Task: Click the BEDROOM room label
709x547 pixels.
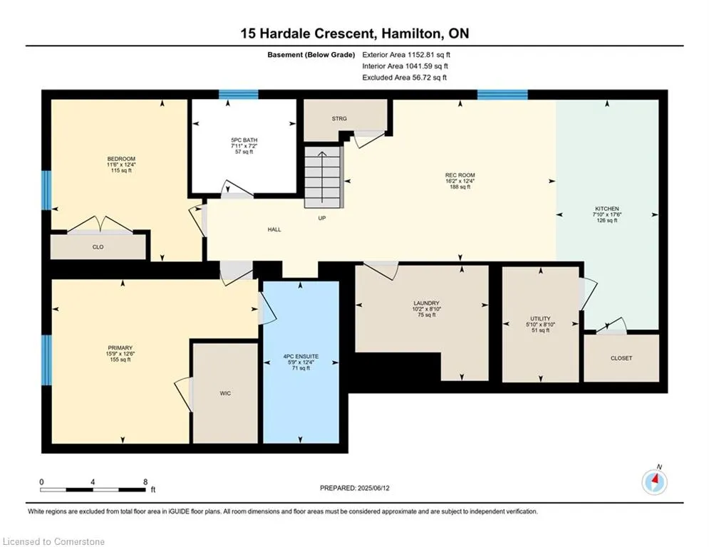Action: (121, 159)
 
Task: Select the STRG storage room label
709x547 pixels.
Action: (339, 118)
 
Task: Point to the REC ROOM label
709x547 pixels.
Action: (460, 175)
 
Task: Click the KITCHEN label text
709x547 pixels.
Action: (607, 209)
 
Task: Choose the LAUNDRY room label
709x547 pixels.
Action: (426, 303)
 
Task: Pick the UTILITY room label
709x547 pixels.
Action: (540, 318)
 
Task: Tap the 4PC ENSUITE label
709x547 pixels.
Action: (301, 356)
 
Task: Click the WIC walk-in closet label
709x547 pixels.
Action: (225, 393)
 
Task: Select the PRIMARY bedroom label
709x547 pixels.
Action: (120, 348)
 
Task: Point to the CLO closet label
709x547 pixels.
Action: (98, 247)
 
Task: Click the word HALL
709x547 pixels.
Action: (274, 229)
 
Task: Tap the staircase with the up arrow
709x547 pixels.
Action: (322, 177)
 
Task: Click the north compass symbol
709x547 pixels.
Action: (654, 482)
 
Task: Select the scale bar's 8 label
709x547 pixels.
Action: (145, 482)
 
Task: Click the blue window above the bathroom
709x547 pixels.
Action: (238, 94)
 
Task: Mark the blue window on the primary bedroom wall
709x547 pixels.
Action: (46, 360)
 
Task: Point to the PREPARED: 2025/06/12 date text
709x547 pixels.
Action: (355, 488)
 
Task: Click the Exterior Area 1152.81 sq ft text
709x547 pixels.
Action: (406, 55)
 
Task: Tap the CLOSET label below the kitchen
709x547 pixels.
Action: (621, 358)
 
